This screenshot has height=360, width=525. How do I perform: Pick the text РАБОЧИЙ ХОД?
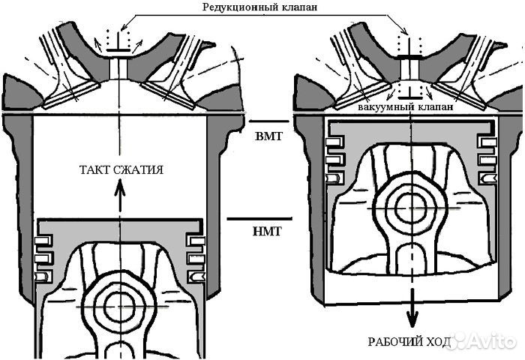[x=408, y=342]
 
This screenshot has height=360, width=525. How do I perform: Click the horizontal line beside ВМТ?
[x=268, y=121]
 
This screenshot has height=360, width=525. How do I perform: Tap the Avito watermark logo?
[x=483, y=342]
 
